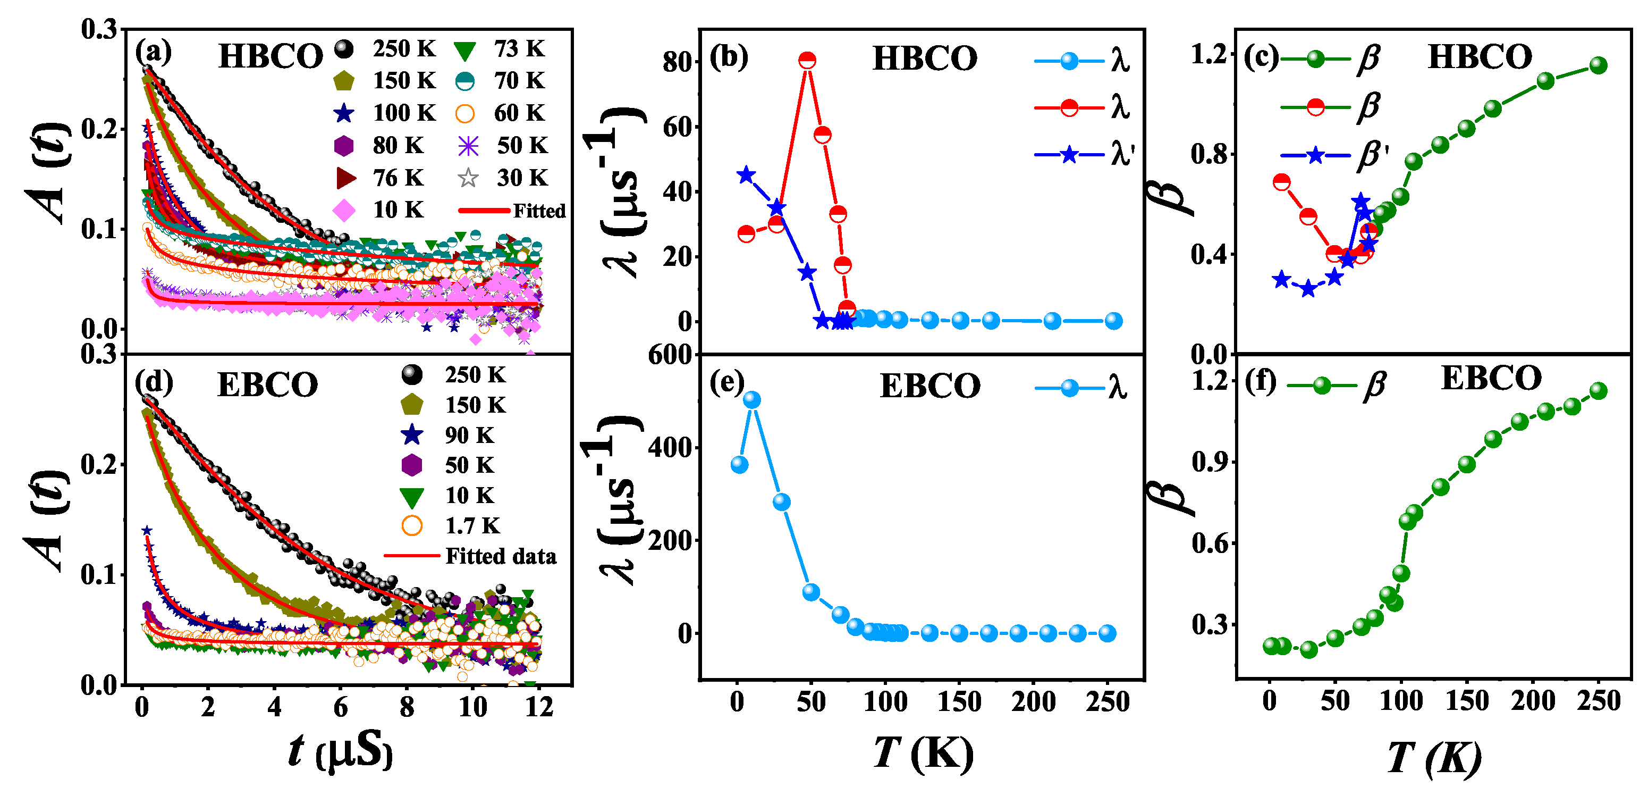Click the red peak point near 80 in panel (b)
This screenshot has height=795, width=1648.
[x=807, y=60]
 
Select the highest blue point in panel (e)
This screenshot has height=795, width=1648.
[x=753, y=400]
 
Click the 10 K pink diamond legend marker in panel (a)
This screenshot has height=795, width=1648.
[x=344, y=210]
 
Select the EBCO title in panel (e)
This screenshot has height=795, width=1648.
[x=929, y=386]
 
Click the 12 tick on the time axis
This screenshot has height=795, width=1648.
[x=539, y=707]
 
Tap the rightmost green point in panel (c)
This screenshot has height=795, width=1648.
[x=1599, y=65]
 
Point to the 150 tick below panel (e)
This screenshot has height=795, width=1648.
[x=959, y=701]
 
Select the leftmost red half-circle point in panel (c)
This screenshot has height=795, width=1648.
[x=1281, y=182]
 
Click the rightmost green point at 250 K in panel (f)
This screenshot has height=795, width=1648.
[x=1599, y=390]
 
